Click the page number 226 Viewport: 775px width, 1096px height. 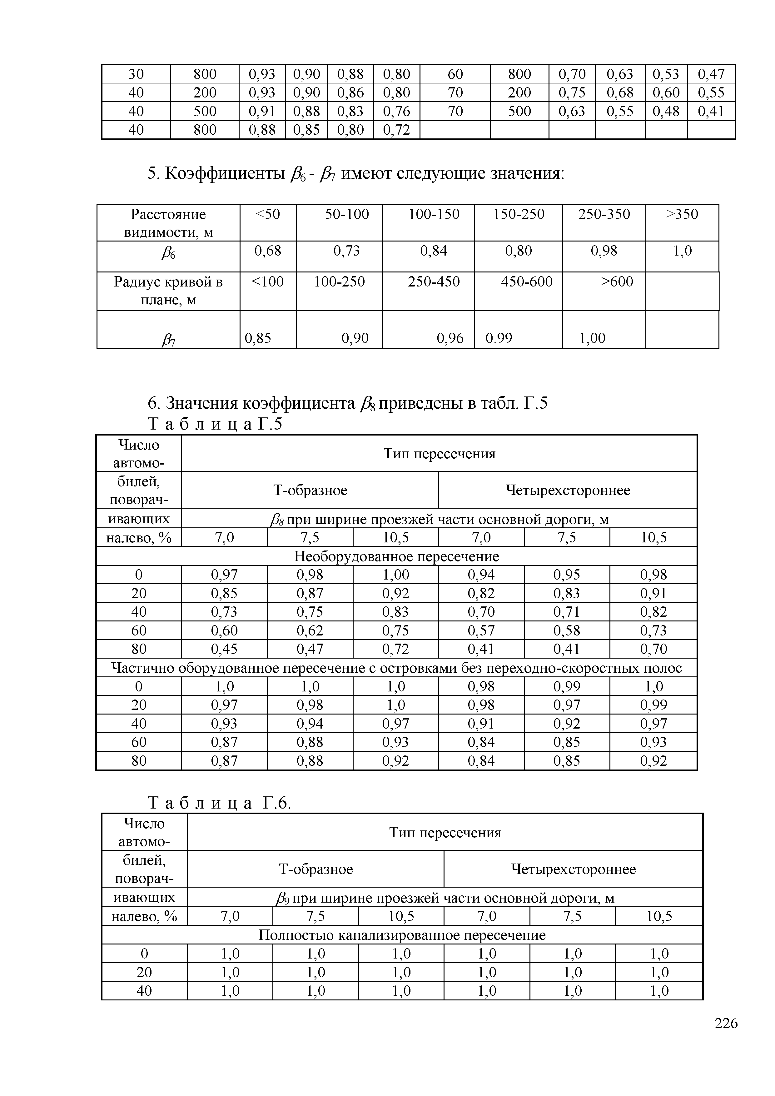[726, 1036]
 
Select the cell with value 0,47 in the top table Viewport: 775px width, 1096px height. [711, 74]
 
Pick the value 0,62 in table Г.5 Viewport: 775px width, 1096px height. [310, 630]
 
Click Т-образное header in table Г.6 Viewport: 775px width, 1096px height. [315, 869]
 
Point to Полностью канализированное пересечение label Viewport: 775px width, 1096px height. [402, 935]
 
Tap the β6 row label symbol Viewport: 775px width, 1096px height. [168, 253]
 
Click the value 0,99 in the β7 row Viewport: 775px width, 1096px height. [499, 338]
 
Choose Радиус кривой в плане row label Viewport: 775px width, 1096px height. [168, 291]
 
